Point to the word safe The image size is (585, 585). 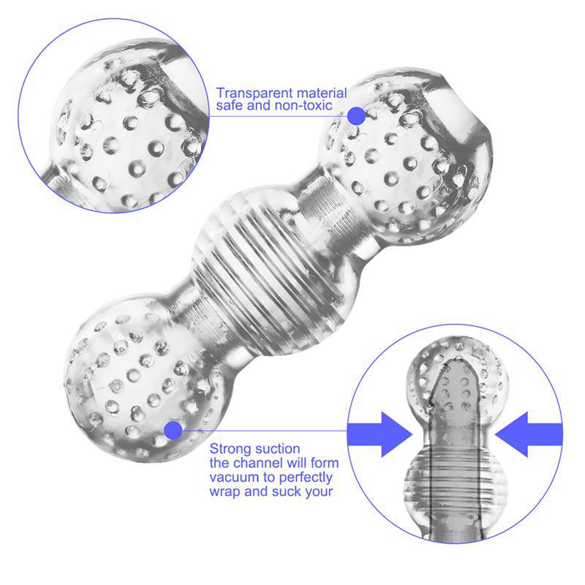[230, 106]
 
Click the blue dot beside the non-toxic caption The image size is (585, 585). [356, 116]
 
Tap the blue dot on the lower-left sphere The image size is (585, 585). [173, 431]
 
